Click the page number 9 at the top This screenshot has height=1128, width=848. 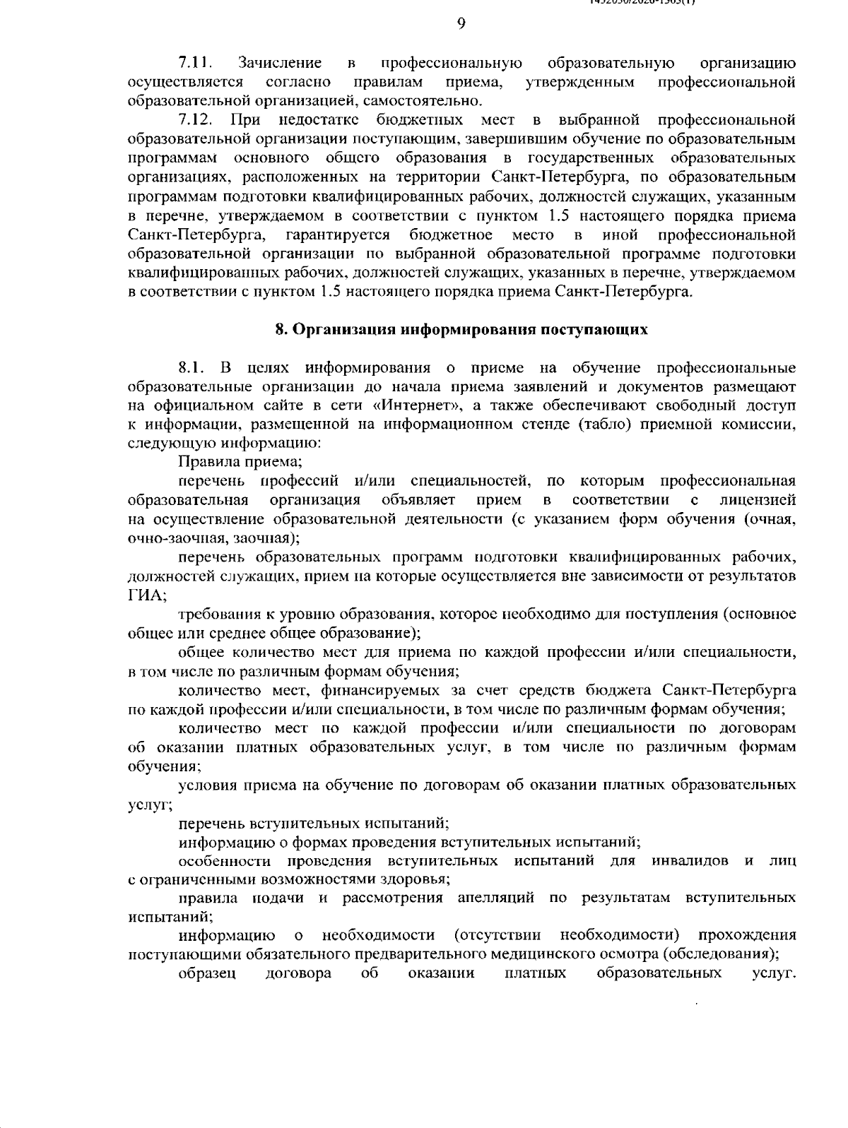click(x=461, y=24)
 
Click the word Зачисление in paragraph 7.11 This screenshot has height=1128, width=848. click(x=280, y=64)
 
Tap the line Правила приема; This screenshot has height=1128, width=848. click(x=240, y=462)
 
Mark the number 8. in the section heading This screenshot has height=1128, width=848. click(x=280, y=330)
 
